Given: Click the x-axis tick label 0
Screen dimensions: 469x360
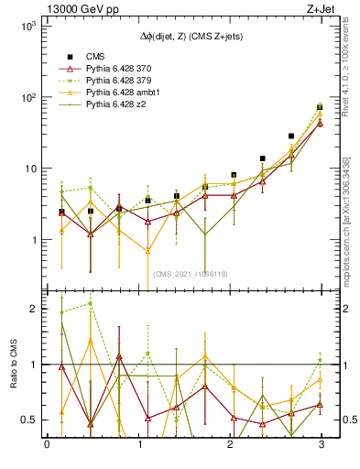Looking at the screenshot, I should tap(47, 446).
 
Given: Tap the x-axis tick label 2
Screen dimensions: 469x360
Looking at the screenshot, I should tap(229, 446).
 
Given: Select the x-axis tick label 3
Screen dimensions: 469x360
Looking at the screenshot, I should tap(320, 446).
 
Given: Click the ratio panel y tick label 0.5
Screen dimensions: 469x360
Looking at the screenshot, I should tap(29, 420).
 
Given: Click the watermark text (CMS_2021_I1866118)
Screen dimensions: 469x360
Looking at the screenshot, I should tap(190, 273).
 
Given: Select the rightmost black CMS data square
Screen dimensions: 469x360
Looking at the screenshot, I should tap(320, 107).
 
